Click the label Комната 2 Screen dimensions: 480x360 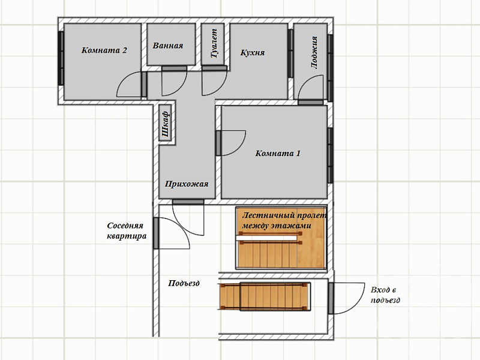tap(104, 50)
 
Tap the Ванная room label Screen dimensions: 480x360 tap(168, 46)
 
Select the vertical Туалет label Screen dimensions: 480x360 tap(214, 43)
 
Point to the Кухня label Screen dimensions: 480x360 tap(253, 53)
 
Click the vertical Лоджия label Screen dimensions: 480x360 tap(314, 52)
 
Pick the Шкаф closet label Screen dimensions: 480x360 tap(166, 124)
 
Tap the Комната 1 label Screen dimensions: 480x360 tap(278, 153)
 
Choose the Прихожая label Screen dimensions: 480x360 tap(187, 184)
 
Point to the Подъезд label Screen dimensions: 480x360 tap(184, 283)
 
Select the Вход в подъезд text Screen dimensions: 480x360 tap(385, 295)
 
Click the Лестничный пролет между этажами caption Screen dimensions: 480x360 tap(284, 220)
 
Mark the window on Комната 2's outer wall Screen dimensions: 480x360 tap(61, 58)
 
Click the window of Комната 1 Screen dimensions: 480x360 tap(331, 155)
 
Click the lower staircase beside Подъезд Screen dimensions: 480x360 tap(265, 296)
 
